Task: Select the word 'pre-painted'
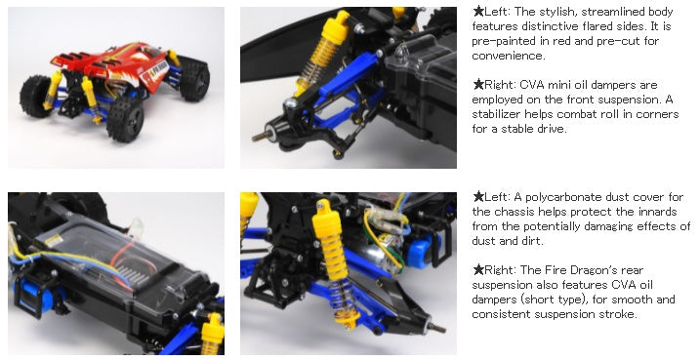pos(503,41)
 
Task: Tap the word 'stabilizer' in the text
pos(496,114)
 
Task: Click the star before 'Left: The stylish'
pos(478,11)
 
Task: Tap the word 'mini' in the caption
pos(560,85)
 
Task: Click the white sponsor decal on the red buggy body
pos(155,72)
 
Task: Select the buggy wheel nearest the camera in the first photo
pos(125,119)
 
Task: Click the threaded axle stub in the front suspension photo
pos(260,136)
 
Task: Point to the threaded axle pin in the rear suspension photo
pos(435,328)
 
